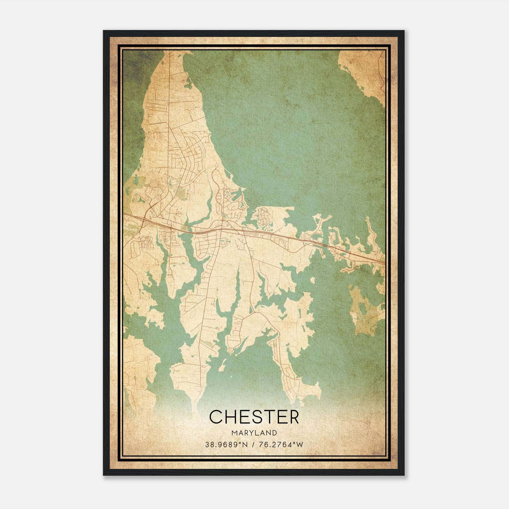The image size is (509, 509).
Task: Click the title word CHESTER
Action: tap(254, 417)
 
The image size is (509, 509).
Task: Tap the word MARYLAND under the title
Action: tap(254, 433)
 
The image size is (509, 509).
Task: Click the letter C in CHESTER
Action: tap(216, 417)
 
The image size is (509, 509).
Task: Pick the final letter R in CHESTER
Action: tap(293, 417)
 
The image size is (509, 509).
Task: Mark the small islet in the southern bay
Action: tap(222, 366)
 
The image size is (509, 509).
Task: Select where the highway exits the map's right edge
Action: tap(385, 262)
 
